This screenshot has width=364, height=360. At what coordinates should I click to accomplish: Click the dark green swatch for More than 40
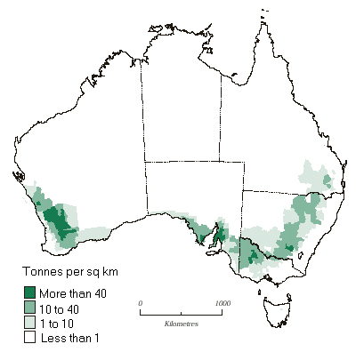click(29, 293)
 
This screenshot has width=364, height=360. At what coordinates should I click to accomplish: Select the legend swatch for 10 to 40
click(29, 308)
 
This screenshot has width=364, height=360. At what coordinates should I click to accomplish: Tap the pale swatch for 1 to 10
click(29, 322)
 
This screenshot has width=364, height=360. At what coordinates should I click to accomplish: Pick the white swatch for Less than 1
click(29, 337)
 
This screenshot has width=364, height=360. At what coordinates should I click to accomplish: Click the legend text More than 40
click(71, 293)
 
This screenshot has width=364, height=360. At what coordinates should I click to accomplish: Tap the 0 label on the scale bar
click(141, 304)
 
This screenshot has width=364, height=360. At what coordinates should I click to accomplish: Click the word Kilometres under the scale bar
click(182, 324)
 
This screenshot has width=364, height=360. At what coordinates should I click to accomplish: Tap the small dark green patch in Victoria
click(254, 258)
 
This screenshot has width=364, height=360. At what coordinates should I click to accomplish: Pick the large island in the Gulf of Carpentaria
click(233, 78)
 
